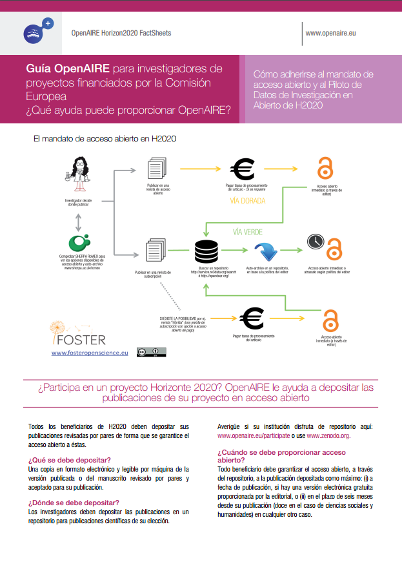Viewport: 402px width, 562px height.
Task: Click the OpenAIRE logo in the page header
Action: (x=36, y=32)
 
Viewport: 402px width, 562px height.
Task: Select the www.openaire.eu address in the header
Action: (x=330, y=32)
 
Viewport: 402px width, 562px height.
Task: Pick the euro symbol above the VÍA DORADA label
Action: (x=243, y=169)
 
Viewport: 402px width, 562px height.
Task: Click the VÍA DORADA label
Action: (x=248, y=200)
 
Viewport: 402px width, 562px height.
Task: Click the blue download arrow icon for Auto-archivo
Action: (x=265, y=251)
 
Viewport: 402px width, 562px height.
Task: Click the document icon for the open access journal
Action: (x=158, y=171)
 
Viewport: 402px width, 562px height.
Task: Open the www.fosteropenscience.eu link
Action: (x=90, y=353)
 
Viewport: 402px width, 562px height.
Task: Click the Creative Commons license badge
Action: (x=150, y=352)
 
